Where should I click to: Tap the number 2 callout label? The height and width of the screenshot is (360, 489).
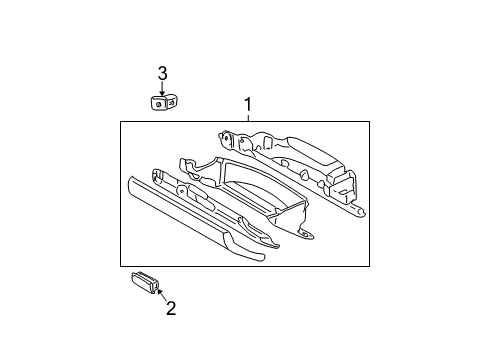coord(171,308)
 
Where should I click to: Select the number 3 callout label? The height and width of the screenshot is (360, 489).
coord(162,72)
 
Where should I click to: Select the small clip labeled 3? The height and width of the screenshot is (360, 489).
coord(162,102)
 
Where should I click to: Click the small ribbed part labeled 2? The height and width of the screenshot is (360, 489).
coord(146,281)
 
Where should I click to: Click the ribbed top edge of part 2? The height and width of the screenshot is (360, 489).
coord(144,274)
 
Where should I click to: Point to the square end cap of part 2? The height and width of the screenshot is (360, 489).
coord(156,285)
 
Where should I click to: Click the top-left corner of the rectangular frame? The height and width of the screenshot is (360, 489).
coord(122,122)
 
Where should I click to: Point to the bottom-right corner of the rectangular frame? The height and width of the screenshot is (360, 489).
coord(369,268)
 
